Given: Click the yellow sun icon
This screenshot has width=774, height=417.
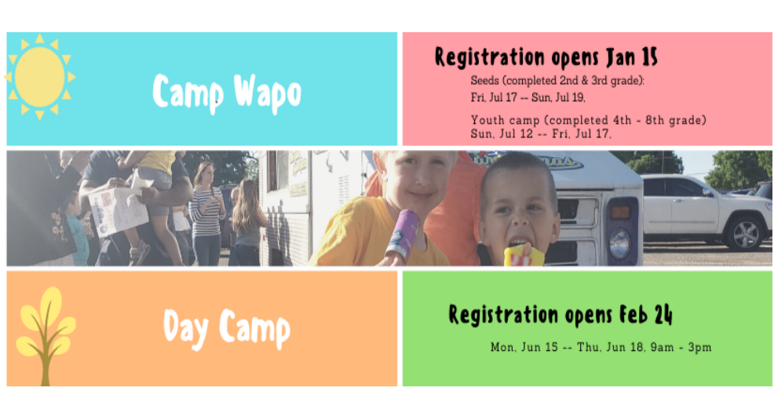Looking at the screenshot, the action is coord(39,77).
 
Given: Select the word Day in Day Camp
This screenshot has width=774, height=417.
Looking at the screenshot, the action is coord(185,327).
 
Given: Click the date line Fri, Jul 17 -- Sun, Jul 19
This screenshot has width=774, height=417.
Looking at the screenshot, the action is coord(528,97).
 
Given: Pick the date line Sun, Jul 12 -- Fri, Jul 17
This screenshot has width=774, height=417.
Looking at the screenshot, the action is coord(541,134).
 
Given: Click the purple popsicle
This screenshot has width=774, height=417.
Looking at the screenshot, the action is coord(403,236).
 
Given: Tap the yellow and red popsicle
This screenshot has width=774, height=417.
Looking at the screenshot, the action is coord(524,255).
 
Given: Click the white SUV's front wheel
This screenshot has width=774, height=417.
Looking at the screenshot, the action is coord(746,234).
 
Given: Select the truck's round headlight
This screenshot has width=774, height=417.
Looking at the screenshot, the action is coord(619,243).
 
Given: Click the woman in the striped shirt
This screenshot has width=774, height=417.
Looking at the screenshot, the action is coord(206,214).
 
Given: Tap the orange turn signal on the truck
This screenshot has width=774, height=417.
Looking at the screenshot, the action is coord(620,212).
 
